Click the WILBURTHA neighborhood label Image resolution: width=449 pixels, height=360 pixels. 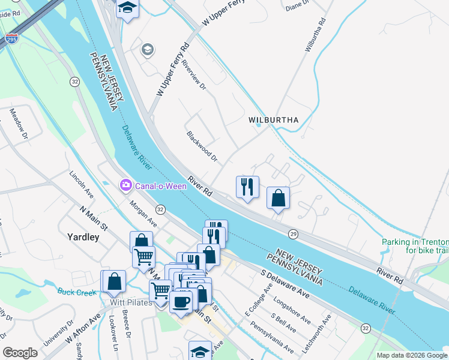click(x=274, y=120)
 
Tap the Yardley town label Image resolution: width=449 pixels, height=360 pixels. click(x=83, y=237)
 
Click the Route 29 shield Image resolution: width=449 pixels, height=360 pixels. click(x=292, y=233)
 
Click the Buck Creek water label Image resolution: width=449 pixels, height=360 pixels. click(x=77, y=292)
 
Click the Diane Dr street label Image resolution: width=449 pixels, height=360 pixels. click(x=297, y=6)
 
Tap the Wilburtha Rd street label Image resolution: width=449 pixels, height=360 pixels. click(x=315, y=35)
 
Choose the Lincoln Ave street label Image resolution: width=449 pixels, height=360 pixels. click(x=81, y=186)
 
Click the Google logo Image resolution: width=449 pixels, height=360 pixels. click(x=20, y=353)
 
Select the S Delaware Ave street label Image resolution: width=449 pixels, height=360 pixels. click(x=285, y=284)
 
